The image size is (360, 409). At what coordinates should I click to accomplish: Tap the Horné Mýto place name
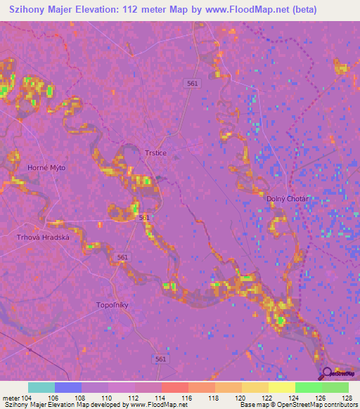[x=46, y=167]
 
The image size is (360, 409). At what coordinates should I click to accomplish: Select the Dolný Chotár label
[x=287, y=199]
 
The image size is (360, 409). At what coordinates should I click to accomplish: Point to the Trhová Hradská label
[x=44, y=238]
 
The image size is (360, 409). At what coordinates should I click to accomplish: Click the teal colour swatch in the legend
[x=41, y=387]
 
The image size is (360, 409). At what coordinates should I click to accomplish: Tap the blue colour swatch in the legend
[x=68, y=387]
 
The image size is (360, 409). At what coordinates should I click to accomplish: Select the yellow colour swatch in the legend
[x=281, y=387]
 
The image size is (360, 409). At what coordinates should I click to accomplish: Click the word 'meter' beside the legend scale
[x=10, y=397]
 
